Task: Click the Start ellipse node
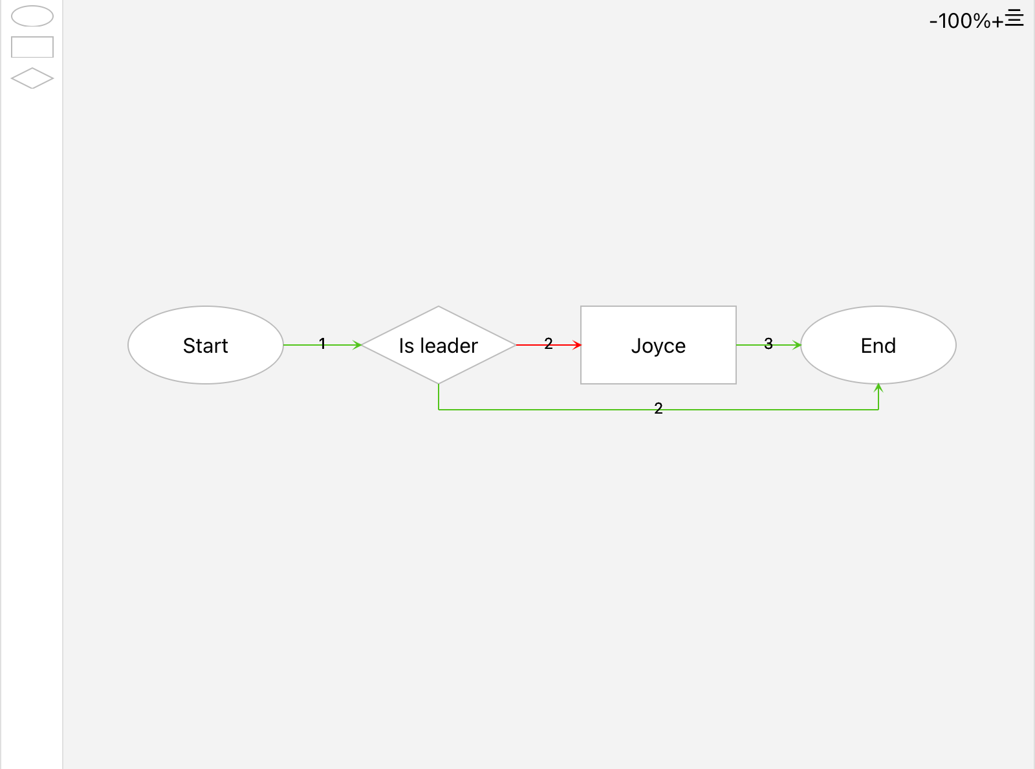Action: tap(205, 345)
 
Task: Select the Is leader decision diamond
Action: tap(438, 345)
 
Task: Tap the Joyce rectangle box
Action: tap(659, 345)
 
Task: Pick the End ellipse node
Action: tap(878, 345)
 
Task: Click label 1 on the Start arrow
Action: tap(322, 344)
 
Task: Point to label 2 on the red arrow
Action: tap(549, 344)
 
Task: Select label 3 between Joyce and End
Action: tap(768, 344)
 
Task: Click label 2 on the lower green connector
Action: tap(659, 408)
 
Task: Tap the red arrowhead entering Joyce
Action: tap(577, 345)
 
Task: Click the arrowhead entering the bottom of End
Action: tap(878, 388)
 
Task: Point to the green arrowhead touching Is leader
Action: tap(357, 345)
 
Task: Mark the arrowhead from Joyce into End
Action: tap(796, 345)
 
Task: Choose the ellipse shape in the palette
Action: tap(32, 16)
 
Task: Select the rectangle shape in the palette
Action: tap(32, 47)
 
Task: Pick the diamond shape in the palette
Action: tap(32, 78)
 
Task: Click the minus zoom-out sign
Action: tap(933, 21)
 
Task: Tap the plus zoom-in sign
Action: tap(997, 21)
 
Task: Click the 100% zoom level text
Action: tap(964, 21)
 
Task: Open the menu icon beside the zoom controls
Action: tap(1014, 17)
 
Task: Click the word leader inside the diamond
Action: tap(449, 346)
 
